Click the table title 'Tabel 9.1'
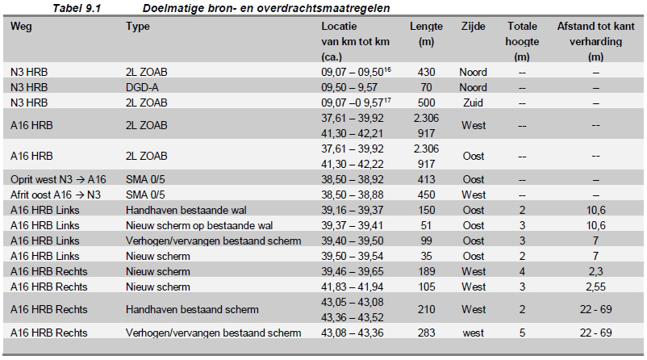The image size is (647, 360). [x=77, y=8]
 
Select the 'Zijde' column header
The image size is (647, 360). [x=473, y=27]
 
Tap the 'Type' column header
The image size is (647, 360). [x=138, y=27]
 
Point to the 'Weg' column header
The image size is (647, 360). [x=21, y=27]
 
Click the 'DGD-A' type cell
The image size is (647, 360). [x=142, y=87]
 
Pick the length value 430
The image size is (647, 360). [x=426, y=73]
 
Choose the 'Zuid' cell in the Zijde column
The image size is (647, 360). [x=473, y=103]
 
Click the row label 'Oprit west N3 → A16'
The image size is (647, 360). [x=58, y=179]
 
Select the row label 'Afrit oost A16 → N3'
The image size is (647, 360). [x=56, y=195]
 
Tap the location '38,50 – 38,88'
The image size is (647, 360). [x=353, y=195]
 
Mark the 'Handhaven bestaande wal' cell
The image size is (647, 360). [x=186, y=210]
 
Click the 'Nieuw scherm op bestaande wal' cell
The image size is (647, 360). [x=199, y=225]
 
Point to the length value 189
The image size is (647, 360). [x=426, y=272]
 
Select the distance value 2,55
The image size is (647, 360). [x=595, y=287]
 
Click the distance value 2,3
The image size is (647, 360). [x=595, y=272]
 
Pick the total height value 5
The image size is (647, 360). [x=522, y=333]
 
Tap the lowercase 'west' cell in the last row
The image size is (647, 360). [x=473, y=333]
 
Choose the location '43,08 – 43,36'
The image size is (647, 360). [x=353, y=333]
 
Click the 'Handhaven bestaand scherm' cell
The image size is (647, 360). [x=192, y=310]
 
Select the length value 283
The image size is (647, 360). [x=426, y=333]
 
